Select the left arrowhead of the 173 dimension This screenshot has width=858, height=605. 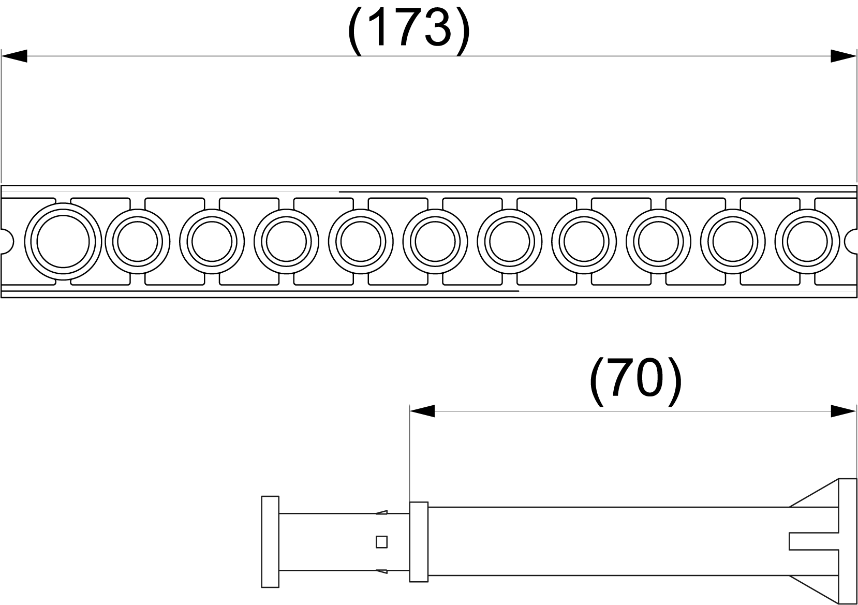[14, 56]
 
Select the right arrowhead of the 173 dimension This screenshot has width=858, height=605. [844, 56]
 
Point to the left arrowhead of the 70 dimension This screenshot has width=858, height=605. [422, 411]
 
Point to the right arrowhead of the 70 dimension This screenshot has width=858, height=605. [844, 411]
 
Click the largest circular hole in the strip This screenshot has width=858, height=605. [63, 241]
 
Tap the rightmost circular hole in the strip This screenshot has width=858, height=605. [807, 242]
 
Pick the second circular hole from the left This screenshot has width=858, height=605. [138, 242]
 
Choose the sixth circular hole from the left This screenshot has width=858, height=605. [435, 242]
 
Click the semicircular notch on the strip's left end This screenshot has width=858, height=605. [8, 241]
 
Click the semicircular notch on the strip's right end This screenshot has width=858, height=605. [851, 241]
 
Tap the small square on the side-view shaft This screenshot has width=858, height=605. [381, 542]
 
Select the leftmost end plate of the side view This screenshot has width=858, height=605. [270, 542]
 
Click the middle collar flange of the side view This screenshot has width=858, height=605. [419, 542]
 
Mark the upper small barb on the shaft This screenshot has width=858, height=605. [381, 512]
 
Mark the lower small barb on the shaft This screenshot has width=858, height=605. [381, 572]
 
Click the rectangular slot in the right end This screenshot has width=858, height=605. [813, 542]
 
